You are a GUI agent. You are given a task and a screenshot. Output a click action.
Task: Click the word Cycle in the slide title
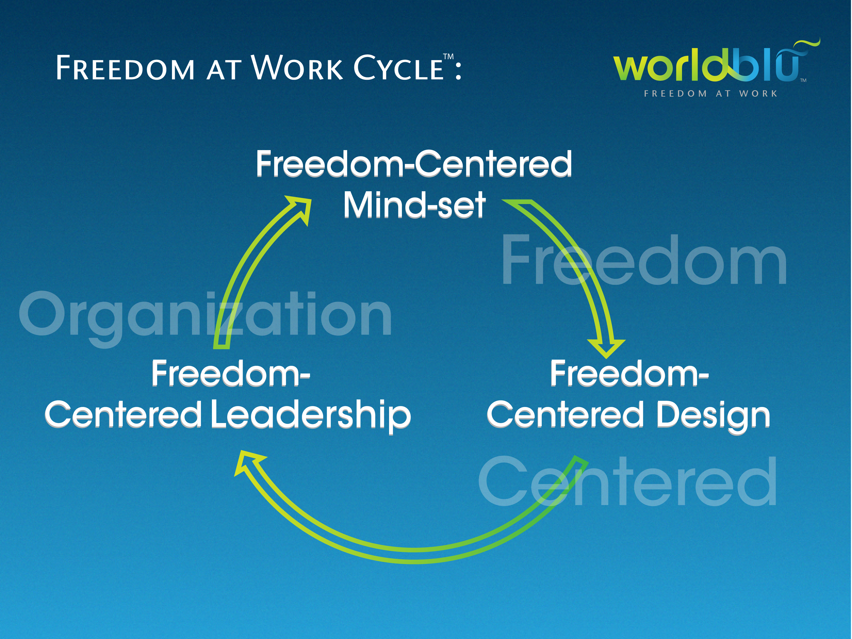point(399,67)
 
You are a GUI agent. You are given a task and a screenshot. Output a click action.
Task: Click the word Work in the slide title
point(297,67)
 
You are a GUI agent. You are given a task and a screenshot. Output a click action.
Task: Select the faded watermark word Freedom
point(644,260)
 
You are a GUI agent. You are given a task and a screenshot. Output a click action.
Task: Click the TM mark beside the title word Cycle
point(448,57)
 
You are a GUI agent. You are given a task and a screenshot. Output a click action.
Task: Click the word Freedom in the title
point(125,68)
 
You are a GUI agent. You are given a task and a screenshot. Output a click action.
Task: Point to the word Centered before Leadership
point(123,415)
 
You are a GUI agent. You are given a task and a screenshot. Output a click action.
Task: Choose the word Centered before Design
point(565,415)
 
